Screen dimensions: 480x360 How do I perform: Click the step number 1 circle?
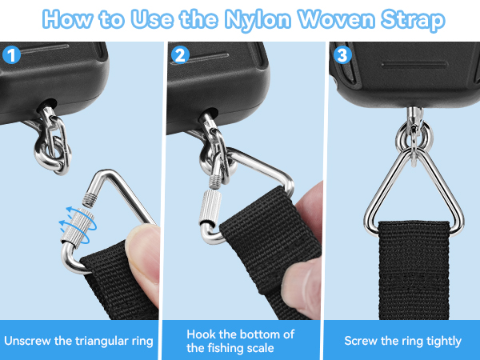11,54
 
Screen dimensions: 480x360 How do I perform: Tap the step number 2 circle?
180,54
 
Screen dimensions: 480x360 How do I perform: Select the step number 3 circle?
342,54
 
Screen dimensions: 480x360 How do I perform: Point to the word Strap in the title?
413,19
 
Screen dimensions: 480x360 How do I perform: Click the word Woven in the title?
336,19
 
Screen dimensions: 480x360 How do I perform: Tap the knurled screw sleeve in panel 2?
210,206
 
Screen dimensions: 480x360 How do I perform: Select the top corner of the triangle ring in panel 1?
103,172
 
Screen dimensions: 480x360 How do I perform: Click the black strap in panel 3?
414,270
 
